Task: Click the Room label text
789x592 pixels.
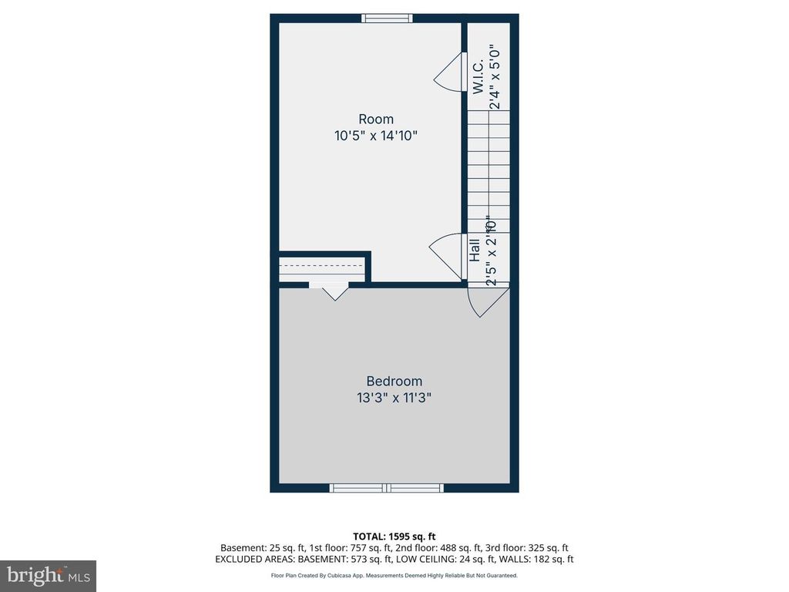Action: pyautogui.click(x=376, y=119)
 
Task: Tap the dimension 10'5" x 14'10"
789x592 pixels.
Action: pyautogui.click(x=376, y=136)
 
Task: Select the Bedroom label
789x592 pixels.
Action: pyautogui.click(x=394, y=382)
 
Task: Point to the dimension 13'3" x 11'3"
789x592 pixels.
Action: pyautogui.click(x=394, y=399)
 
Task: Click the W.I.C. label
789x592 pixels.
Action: pyautogui.click(x=478, y=76)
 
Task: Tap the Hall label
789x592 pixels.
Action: pyautogui.click(x=475, y=249)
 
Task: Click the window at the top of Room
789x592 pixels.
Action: pyautogui.click(x=387, y=18)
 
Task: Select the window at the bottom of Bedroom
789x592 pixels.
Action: pyautogui.click(x=386, y=488)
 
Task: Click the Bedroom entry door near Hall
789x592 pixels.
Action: pyautogui.click(x=487, y=301)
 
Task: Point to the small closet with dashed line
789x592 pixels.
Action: pyautogui.click(x=321, y=267)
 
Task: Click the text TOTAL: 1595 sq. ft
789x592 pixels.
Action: pyautogui.click(x=394, y=536)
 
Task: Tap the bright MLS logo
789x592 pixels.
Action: pyautogui.click(x=48, y=576)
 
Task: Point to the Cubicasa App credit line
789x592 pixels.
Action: pyautogui.click(x=394, y=575)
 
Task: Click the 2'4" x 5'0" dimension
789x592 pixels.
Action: pyautogui.click(x=496, y=76)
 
